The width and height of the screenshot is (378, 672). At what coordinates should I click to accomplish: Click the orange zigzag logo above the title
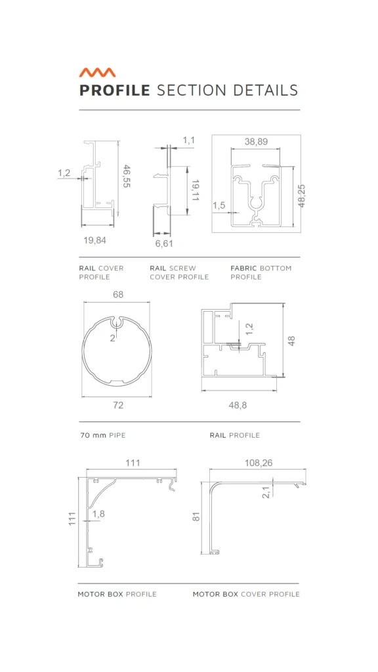[97, 72]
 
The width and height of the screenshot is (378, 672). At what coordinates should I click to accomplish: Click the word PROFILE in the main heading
[115, 91]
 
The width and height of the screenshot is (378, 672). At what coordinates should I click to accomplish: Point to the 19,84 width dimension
[94, 240]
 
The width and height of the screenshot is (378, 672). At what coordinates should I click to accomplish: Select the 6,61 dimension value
[164, 243]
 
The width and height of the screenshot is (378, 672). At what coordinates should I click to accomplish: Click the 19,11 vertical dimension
[195, 191]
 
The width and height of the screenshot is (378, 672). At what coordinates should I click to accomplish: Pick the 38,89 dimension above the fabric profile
[257, 142]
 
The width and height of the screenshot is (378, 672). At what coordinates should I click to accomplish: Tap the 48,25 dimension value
[302, 196]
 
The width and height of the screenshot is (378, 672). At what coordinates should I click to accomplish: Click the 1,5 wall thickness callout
[219, 205]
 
